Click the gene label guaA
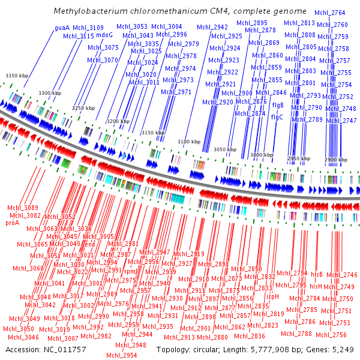(x=62, y=28)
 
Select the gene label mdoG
(x=104, y=35)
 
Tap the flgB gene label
(x=278, y=106)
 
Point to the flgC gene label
(x=277, y=117)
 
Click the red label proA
(x=13, y=223)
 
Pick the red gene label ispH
(x=272, y=296)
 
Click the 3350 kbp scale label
(x=17, y=75)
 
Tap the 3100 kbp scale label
(x=189, y=142)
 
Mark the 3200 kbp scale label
(x=118, y=121)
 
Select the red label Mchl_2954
(x=122, y=355)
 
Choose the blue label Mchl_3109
(x=88, y=28)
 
